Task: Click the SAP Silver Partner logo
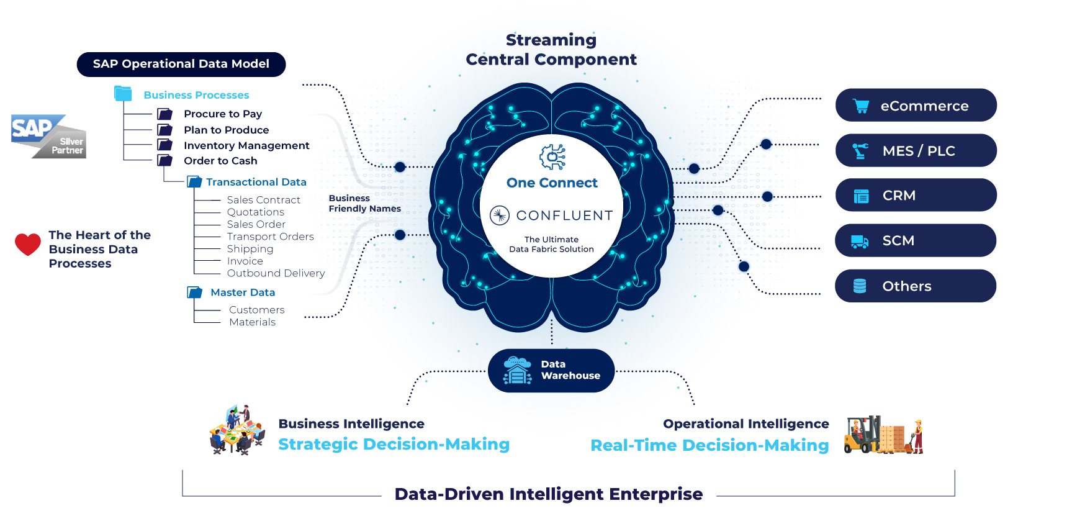tap(48, 136)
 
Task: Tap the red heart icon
tap(28, 244)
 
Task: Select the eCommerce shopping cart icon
tap(861, 106)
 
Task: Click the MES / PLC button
tap(916, 150)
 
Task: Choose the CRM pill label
tap(916, 195)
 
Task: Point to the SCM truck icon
tap(860, 241)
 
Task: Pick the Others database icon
tap(860, 286)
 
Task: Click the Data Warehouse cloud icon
tap(517, 371)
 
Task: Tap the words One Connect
tap(552, 183)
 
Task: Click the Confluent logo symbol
tap(500, 215)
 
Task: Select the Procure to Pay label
tap(223, 114)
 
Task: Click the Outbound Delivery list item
tap(276, 273)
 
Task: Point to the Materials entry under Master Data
tap(252, 322)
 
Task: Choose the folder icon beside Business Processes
tap(123, 94)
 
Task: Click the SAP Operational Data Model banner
tap(181, 65)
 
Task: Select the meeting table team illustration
tap(238, 430)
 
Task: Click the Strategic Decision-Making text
tap(394, 445)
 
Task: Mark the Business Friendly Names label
tap(365, 204)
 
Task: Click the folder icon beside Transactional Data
tap(195, 182)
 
